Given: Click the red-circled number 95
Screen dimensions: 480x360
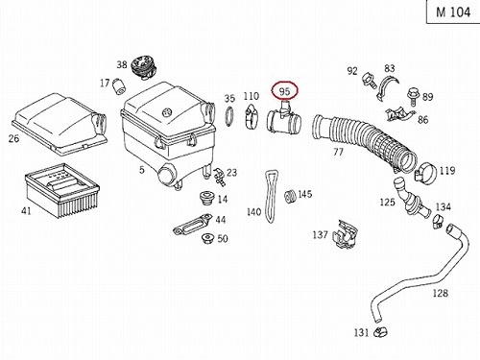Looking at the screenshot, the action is click(x=284, y=91).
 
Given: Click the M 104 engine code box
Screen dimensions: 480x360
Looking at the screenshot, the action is click(x=453, y=12).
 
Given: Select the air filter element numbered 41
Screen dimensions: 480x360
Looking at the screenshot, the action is click(x=62, y=190).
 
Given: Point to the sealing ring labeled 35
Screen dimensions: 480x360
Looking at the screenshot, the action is click(x=229, y=116).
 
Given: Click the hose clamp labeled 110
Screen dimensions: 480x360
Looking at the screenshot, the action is click(x=252, y=117).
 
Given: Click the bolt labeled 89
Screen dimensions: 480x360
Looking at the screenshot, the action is click(x=412, y=97).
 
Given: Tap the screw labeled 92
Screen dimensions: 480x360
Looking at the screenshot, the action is click(x=370, y=80).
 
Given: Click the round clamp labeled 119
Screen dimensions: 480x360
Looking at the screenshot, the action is click(x=425, y=174).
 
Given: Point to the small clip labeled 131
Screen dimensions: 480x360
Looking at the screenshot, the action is click(x=380, y=332).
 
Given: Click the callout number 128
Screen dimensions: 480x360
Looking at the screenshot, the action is click(x=440, y=293).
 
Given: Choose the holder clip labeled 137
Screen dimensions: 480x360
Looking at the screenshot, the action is click(x=345, y=234).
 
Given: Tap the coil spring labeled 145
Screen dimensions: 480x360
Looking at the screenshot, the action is click(x=290, y=196).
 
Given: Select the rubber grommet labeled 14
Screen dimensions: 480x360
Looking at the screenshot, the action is click(x=206, y=199).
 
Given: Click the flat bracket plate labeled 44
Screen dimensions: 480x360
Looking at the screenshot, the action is click(x=192, y=224).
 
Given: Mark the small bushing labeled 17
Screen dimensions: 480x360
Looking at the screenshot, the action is click(x=119, y=86).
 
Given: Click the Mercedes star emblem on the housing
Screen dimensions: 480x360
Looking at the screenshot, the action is click(x=166, y=112).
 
